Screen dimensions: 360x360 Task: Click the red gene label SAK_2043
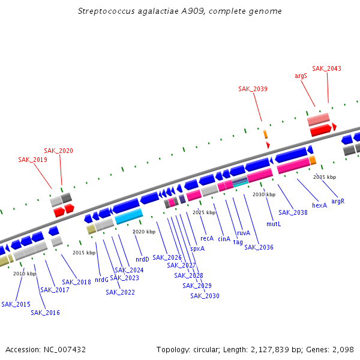(326, 68)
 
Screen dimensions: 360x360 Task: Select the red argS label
(301, 76)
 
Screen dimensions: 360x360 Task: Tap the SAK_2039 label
(253, 89)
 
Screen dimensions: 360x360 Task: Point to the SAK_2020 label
(58, 151)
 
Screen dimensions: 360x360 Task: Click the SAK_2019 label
(32, 160)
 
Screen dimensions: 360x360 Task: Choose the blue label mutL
(274, 224)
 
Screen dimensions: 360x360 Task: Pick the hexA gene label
(320, 205)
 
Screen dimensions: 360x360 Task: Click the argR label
(338, 201)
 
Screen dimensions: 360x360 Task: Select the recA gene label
(207, 238)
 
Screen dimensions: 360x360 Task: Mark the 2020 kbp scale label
(143, 232)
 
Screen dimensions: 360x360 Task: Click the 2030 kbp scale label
(263, 194)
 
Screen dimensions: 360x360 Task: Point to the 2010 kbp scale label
(25, 274)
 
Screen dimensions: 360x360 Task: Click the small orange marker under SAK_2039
(265, 134)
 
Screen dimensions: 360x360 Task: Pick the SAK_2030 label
(205, 296)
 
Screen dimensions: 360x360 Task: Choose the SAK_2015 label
(16, 304)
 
